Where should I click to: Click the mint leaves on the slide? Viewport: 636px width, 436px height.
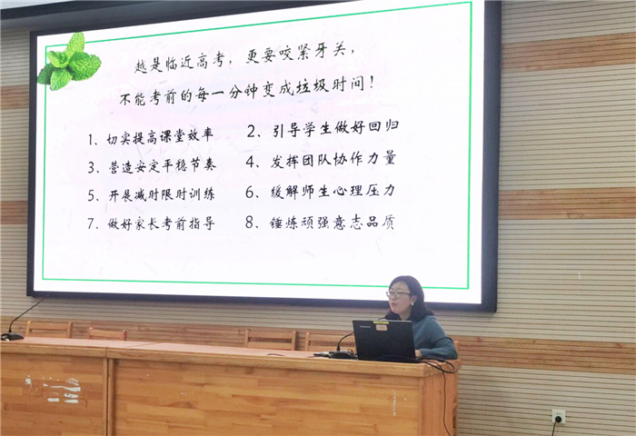(68, 62)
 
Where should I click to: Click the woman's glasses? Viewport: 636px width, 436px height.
(397, 294)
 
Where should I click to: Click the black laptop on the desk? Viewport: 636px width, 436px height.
(383, 340)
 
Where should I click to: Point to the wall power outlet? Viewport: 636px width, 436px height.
(558, 416)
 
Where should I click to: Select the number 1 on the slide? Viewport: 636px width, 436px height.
(93, 140)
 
